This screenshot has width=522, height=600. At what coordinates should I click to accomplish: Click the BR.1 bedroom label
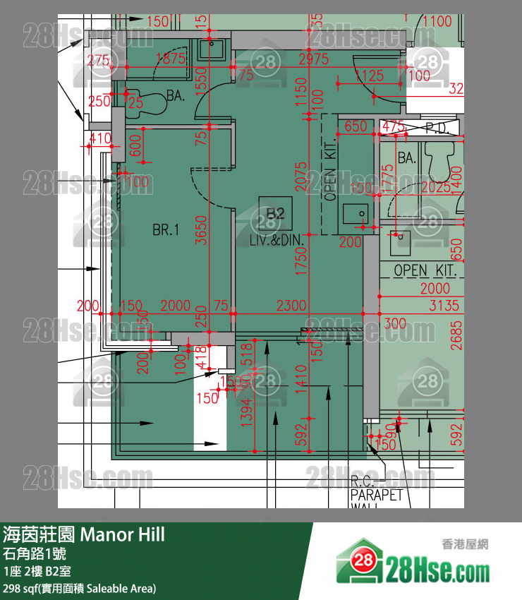point(166,229)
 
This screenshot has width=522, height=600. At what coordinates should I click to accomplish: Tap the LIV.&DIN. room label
point(277,240)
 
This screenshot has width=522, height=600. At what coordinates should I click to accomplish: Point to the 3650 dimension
point(201,229)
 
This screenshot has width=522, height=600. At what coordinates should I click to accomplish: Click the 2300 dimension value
point(291,306)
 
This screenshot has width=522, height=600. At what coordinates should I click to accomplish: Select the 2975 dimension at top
point(313,59)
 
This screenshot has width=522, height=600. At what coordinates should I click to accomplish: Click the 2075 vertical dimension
point(301,176)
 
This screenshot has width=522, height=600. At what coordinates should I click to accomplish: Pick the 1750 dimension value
point(301,262)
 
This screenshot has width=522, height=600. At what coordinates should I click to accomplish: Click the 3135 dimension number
point(444,306)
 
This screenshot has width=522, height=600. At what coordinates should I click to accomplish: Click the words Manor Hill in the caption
point(123,534)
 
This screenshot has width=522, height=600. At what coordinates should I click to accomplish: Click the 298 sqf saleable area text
point(79,588)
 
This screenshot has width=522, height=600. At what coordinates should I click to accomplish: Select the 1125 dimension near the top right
point(370,76)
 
